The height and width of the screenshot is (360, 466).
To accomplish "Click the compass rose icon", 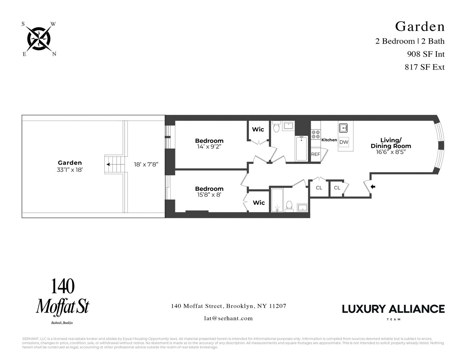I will (x=39, y=39).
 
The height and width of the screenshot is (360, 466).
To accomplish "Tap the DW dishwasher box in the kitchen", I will (x=344, y=142).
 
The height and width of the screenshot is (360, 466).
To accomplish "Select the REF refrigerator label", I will (x=315, y=154).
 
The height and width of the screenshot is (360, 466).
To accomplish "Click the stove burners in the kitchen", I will (x=315, y=134).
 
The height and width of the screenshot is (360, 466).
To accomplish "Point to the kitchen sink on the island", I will (x=343, y=127).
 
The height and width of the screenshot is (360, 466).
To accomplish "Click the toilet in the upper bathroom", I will (x=277, y=126).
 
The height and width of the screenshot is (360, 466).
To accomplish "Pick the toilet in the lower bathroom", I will (x=289, y=206).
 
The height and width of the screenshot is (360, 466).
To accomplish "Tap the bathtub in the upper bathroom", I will (x=301, y=149).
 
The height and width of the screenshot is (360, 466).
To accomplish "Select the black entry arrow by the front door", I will (x=373, y=187).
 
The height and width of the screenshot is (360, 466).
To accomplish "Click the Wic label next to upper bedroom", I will (x=258, y=129).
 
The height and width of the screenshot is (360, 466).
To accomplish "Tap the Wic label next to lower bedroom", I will (x=259, y=203).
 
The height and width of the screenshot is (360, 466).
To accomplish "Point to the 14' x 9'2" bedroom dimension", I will (x=209, y=147).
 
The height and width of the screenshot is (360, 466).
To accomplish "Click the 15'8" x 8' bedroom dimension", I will (x=209, y=195).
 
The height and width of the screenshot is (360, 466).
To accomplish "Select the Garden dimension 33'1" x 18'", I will (x=70, y=170).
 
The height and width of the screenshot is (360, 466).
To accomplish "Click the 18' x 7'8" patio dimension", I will (x=146, y=164).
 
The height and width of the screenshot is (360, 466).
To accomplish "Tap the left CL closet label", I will (x=319, y=188).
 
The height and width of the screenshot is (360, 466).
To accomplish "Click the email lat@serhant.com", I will (x=228, y=318).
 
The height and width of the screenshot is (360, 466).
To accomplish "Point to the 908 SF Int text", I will (x=426, y=54).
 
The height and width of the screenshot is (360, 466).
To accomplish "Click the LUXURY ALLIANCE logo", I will (x=393, y=309).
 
